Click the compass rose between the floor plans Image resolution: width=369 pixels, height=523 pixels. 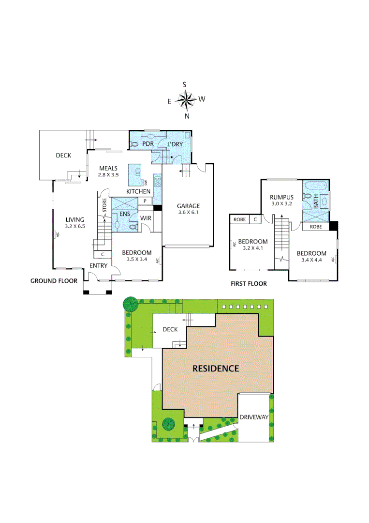185,100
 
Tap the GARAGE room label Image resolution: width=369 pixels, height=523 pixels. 188,206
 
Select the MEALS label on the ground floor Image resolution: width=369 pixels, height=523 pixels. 108,168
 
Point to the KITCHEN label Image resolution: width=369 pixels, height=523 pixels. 138,192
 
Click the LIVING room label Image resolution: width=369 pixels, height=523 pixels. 75,219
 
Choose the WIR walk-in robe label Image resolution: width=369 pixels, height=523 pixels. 147,218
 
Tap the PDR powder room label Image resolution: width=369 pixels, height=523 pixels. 148,144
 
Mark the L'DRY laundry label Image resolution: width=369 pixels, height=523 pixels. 175,144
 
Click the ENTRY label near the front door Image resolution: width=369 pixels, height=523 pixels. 98,266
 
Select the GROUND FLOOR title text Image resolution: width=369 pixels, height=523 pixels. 54,281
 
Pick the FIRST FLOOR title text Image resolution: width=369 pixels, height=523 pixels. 249,284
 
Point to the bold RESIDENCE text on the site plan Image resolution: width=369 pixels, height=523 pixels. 216,369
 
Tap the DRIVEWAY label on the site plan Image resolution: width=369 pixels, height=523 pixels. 254,417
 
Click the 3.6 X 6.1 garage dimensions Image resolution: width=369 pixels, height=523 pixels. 188,213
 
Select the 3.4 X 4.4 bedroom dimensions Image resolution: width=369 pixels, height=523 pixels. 311,260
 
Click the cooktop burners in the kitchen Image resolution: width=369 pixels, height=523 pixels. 157,182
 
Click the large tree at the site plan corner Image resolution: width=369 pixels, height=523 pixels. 130,304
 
